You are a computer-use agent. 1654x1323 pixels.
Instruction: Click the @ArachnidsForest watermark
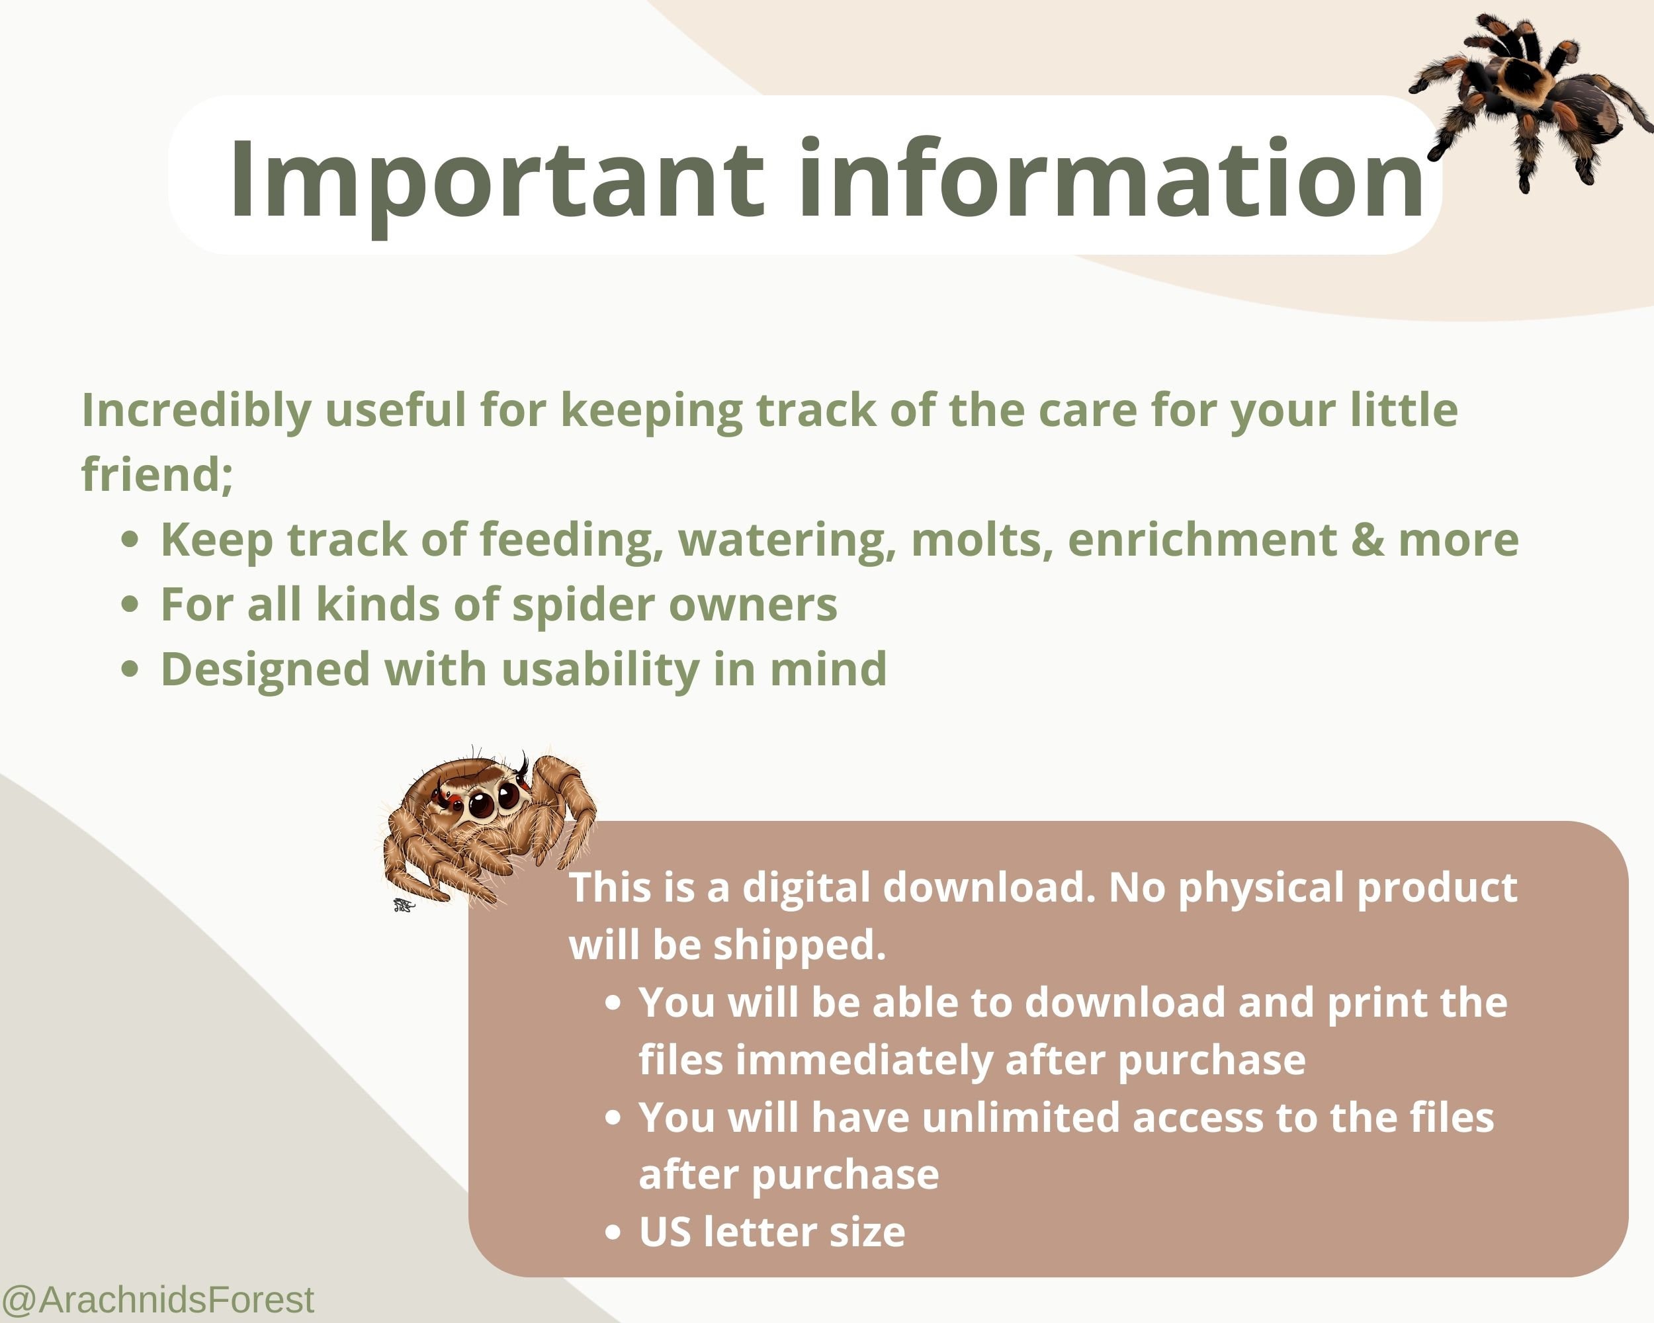click(x=158, y=1299)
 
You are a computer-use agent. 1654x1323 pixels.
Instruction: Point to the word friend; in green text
click(x=157, y=474)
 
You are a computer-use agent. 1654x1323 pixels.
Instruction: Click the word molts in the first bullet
click(x=981, y=539)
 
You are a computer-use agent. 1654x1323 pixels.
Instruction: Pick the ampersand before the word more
click(x=1367, y=539)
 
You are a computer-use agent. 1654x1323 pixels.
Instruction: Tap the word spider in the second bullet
click(x=582, y=605)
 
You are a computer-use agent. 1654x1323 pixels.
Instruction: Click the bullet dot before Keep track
click(x=130, y=539)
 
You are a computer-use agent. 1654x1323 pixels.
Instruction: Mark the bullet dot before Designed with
click(x=130, y=669)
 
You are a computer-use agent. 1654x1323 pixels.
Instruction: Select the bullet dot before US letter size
click(x=612, y=1232)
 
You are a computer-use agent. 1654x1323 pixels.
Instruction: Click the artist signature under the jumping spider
click(x=404, y=906)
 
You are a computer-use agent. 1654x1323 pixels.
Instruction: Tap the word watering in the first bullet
click(x=787, y=539)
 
